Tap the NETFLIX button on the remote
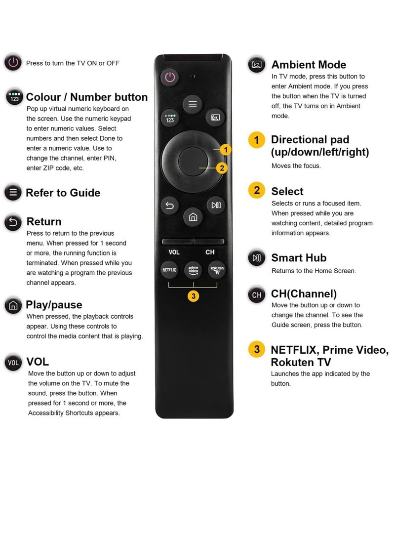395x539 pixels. (169, 270)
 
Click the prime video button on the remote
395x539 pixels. (193, 270)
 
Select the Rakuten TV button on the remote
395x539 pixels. (217, 270)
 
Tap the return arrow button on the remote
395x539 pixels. (169, 205)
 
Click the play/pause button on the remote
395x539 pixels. (216, 205)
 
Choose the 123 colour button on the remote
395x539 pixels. (170, 118)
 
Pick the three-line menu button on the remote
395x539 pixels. (193, 104)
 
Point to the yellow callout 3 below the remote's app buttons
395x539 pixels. (194, 296)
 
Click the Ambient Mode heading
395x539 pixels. (309, 65)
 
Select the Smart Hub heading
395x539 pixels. (299, 258)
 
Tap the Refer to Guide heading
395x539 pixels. (63, 193)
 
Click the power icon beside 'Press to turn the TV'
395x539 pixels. (13, 63)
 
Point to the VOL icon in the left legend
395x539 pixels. (13, 363)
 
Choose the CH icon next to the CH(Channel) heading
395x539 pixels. (257, 295)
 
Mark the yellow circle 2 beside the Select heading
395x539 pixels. (257, 190)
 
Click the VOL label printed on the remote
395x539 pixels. (174, 252)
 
